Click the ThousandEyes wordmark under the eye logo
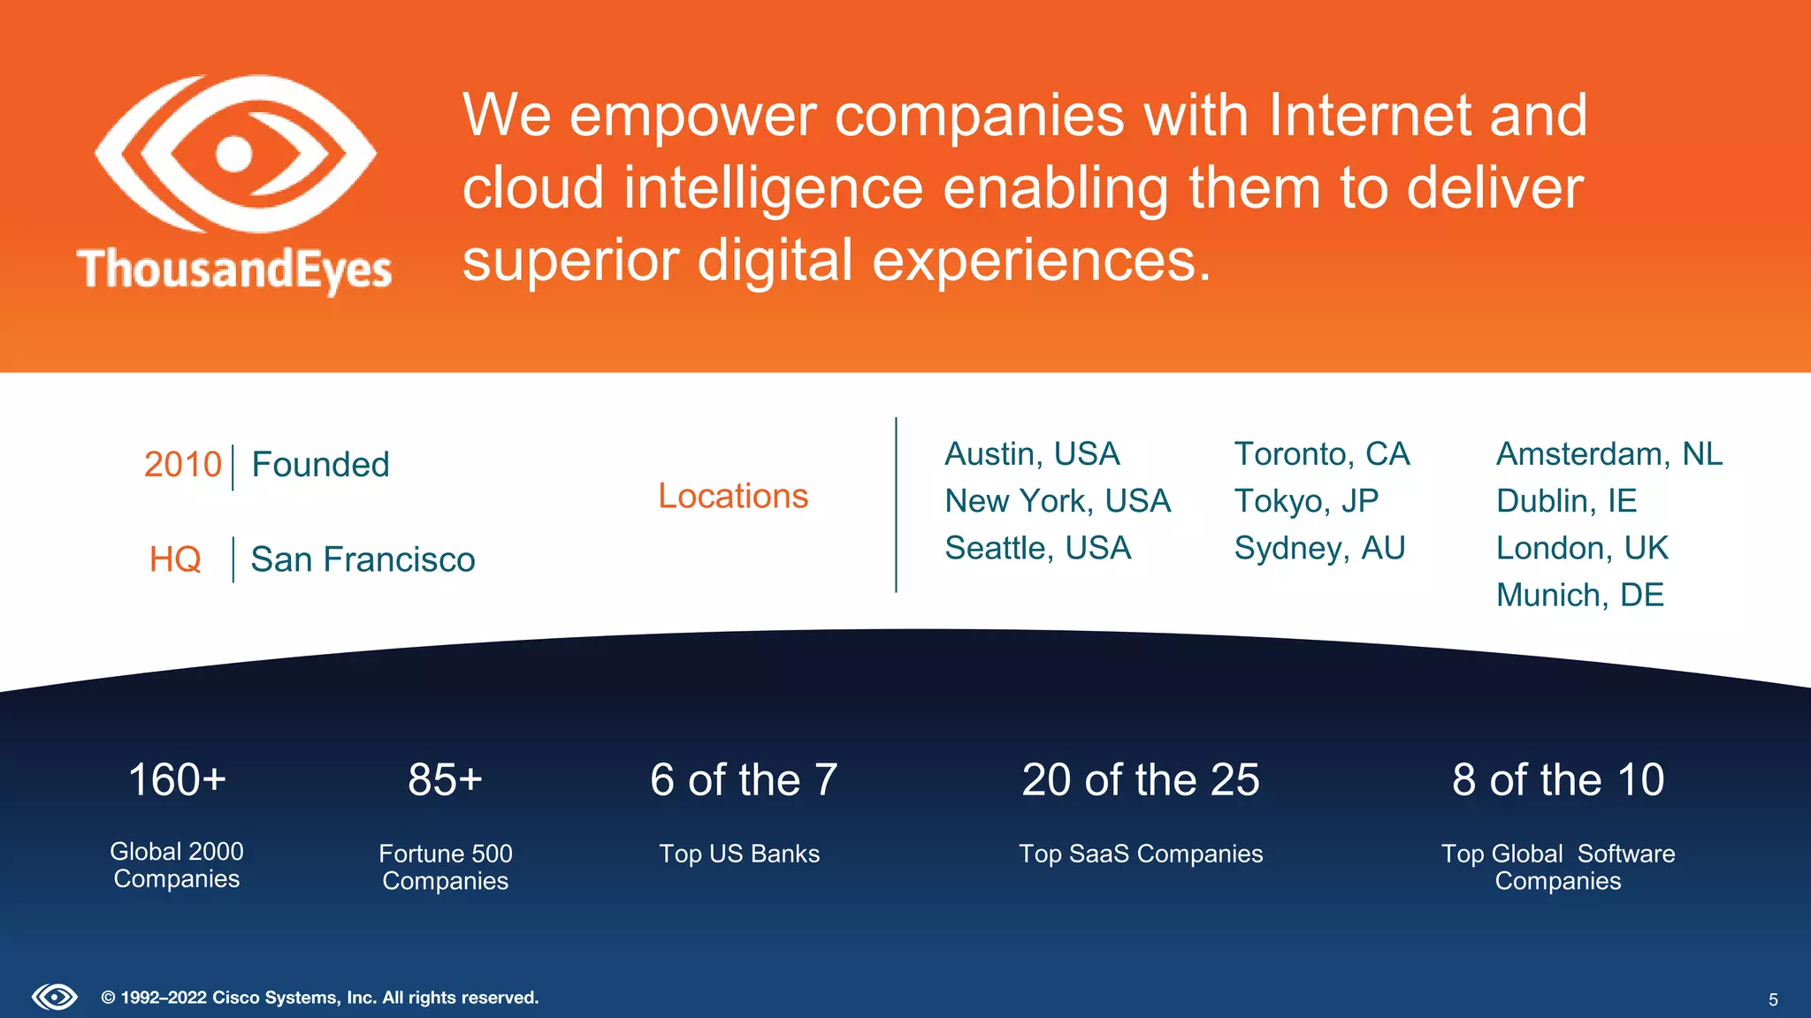coord(234,270)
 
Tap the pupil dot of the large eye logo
coord(234,154)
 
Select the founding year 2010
coord(182,465)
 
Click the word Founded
coord(320,465)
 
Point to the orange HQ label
coord(175,559)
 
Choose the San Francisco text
coord(363,559)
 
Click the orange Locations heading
coord(733,496)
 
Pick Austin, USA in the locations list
coord(1032,454)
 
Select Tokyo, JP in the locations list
coord(1306,501)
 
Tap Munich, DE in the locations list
coord(1579,596)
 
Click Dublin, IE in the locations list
coord(1566,501)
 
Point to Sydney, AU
coord(1319,548)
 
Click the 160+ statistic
coord(177,779)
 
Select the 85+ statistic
coord(445,779)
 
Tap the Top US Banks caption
coord(739,854)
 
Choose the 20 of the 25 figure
coord(1141,779)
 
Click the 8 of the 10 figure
coord(1558,779)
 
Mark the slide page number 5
coord(1773,999)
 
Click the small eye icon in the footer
coord(55,998)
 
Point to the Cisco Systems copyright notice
coord(320,998)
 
